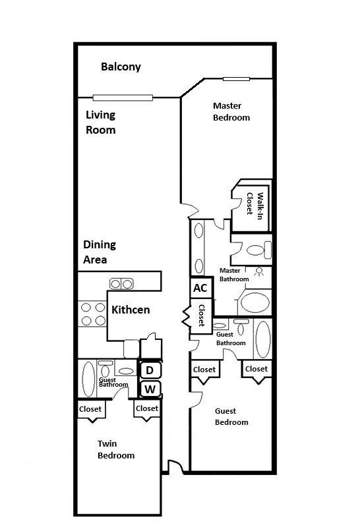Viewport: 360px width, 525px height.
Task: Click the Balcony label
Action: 121,67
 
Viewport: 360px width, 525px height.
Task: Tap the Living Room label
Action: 101,123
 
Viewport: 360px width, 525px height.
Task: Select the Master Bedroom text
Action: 231,111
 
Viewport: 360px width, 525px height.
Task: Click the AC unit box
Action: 201,288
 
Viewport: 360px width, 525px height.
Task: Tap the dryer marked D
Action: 150,370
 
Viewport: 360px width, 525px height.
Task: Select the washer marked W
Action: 150,389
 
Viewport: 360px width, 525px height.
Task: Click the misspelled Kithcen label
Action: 131,310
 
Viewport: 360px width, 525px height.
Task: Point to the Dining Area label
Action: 100,252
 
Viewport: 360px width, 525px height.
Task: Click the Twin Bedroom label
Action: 116,449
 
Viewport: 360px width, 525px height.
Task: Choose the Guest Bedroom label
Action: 231,416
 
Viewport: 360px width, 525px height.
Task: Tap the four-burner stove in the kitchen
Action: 93,314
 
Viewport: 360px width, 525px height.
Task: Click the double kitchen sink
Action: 121,284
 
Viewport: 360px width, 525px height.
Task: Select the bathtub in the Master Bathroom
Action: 255,302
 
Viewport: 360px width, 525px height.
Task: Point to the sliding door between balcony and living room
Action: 123,97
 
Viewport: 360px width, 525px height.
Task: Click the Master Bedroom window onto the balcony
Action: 236,79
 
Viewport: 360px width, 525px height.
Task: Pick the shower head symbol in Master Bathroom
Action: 258,272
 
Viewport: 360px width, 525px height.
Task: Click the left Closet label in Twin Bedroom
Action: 90,409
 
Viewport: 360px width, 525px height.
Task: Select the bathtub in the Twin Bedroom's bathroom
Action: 88,379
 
